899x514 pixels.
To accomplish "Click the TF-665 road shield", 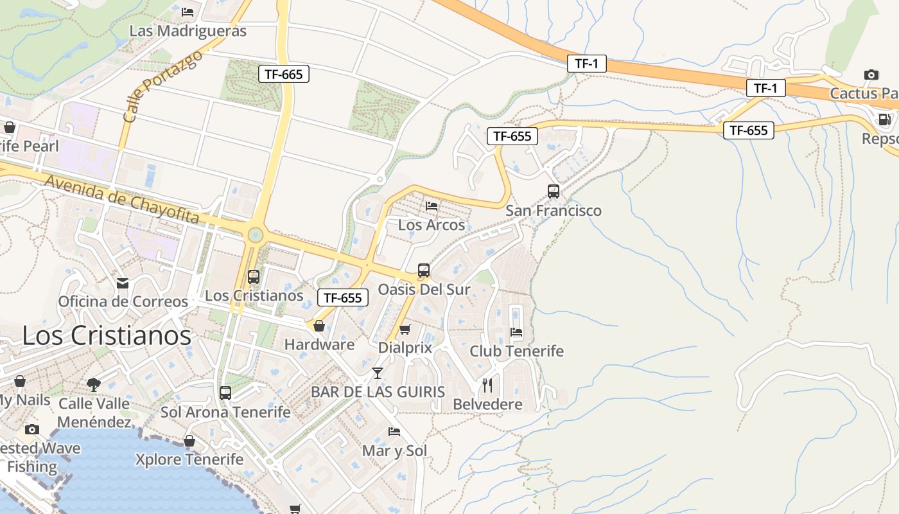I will point(283,74).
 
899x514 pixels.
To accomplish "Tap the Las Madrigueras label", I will point(188,31).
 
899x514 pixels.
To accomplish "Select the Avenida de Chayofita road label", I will point(121,199).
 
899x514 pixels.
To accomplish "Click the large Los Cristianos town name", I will point(107,335).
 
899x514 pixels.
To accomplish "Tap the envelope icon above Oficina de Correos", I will point(122,283).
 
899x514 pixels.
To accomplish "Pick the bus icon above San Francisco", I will point(553,191).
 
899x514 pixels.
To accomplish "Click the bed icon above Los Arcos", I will point(432,206).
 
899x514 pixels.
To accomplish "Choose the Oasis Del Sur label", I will point(424,289).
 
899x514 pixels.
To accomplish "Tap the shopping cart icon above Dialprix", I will point(405,330).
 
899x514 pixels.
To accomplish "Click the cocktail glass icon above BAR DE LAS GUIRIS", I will point(378,373).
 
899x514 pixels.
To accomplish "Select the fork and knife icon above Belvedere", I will point(487,385).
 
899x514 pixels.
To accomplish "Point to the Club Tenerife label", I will point(516,351).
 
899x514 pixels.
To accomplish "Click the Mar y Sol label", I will point(394,450).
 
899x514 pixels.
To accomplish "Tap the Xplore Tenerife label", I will point(189,459).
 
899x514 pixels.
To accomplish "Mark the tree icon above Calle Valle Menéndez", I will point(94,385).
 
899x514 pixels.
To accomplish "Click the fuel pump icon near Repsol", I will point(884,120).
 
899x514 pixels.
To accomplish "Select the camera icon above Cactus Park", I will point(871,75).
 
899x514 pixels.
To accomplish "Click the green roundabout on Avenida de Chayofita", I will point(255,235).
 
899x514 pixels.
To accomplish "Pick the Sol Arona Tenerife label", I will point(225,412).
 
